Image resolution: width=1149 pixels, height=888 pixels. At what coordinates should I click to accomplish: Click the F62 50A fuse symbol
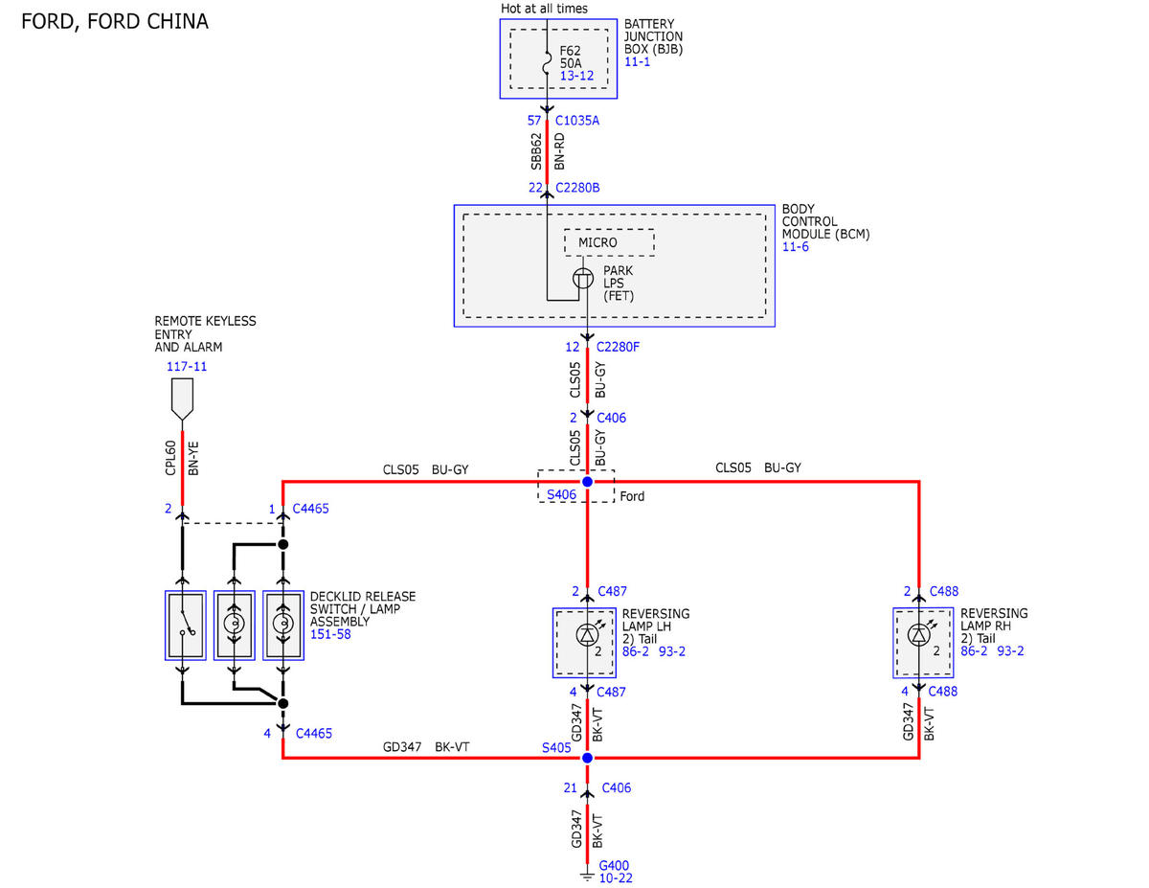coord(547,63)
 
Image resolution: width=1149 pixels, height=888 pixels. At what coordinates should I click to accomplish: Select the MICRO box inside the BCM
coord(609,242)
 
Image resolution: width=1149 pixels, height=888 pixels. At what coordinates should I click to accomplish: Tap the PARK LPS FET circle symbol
coord(583,278)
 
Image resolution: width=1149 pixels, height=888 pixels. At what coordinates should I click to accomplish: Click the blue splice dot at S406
coord(587,481)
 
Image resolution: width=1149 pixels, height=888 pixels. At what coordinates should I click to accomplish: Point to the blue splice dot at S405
coord(587,758)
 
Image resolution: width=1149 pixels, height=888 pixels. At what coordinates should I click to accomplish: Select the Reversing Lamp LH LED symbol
coord(588,634)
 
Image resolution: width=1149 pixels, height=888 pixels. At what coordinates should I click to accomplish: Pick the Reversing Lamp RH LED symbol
coord(919,634)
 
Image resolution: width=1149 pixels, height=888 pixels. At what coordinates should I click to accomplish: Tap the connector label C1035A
coord(576,121)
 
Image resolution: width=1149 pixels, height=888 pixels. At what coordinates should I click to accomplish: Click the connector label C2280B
coord(577,188)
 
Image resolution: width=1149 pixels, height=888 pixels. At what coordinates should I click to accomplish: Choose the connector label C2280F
coord(618,347)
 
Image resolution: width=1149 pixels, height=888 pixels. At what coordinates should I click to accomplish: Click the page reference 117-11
coord(187,367)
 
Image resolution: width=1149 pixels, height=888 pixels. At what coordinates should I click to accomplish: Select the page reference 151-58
coord(330,634)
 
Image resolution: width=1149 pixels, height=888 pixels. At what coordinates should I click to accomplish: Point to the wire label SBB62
coord(536,151)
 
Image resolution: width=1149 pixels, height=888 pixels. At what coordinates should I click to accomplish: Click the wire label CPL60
coord(170,458)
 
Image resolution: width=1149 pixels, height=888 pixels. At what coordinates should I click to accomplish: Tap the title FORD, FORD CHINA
coord(115,22)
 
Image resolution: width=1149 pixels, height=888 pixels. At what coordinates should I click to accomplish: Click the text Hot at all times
coord(544,9)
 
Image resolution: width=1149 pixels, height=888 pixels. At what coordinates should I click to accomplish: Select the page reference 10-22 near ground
coord(616,878)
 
